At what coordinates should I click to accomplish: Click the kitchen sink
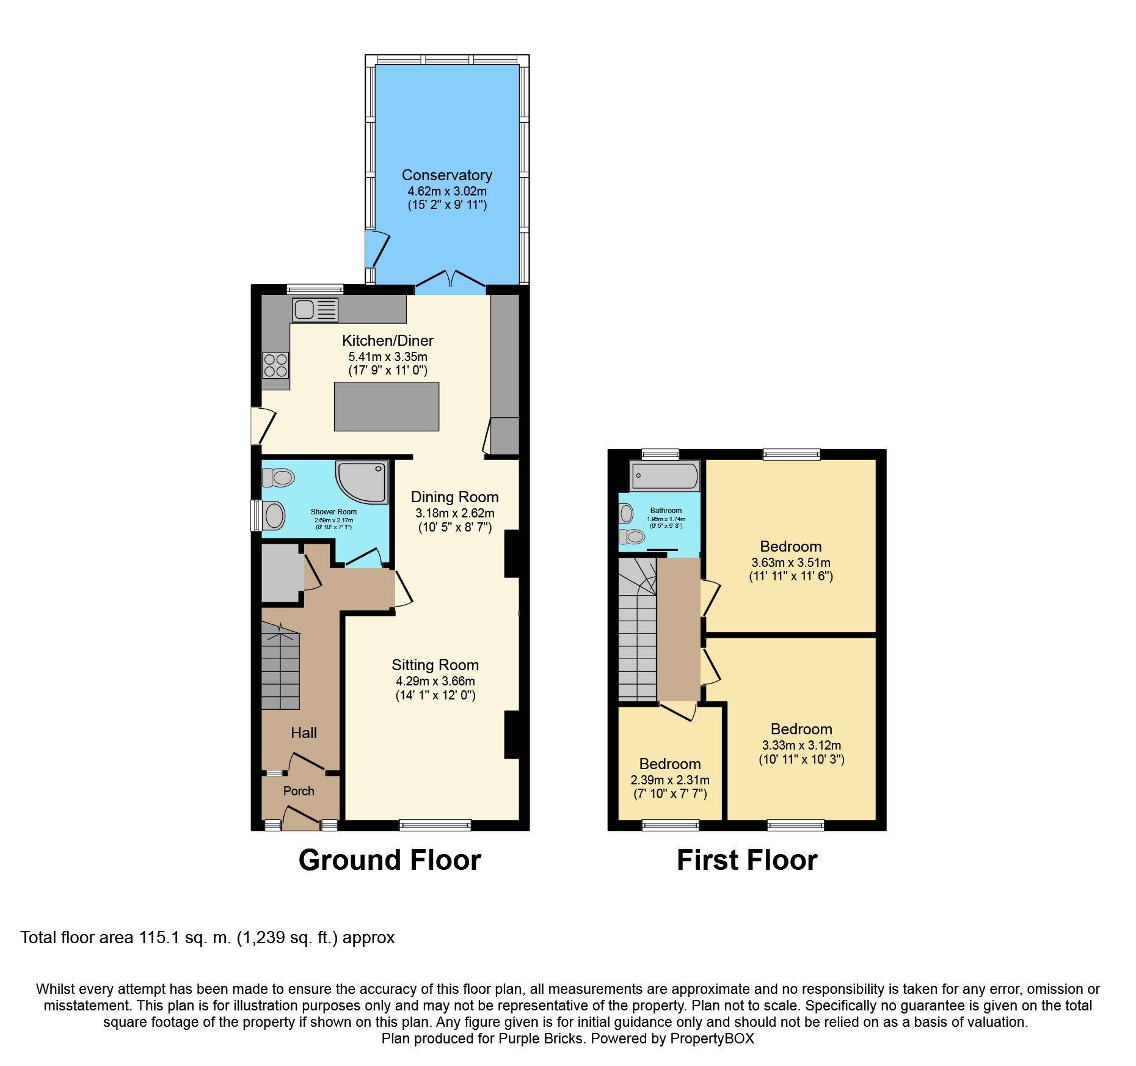(315, 310)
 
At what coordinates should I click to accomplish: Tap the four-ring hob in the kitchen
(275, 365)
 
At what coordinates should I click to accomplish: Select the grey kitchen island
(387, 406)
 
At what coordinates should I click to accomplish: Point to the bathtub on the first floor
(665, 476)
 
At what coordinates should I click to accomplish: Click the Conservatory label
(447, 175)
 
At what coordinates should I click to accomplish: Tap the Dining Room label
(455, 497)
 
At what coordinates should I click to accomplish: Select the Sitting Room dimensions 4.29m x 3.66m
(435, 681)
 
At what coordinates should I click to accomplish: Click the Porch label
(299, 791)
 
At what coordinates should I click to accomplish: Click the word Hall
(304, 733)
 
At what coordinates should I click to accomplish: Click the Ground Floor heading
(390, 860)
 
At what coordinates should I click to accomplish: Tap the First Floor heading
(746, 860)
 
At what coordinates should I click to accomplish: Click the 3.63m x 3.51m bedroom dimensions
(790, 563)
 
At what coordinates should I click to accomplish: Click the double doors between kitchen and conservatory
(450, 282)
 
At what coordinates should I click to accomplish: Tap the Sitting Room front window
(435, 825)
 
